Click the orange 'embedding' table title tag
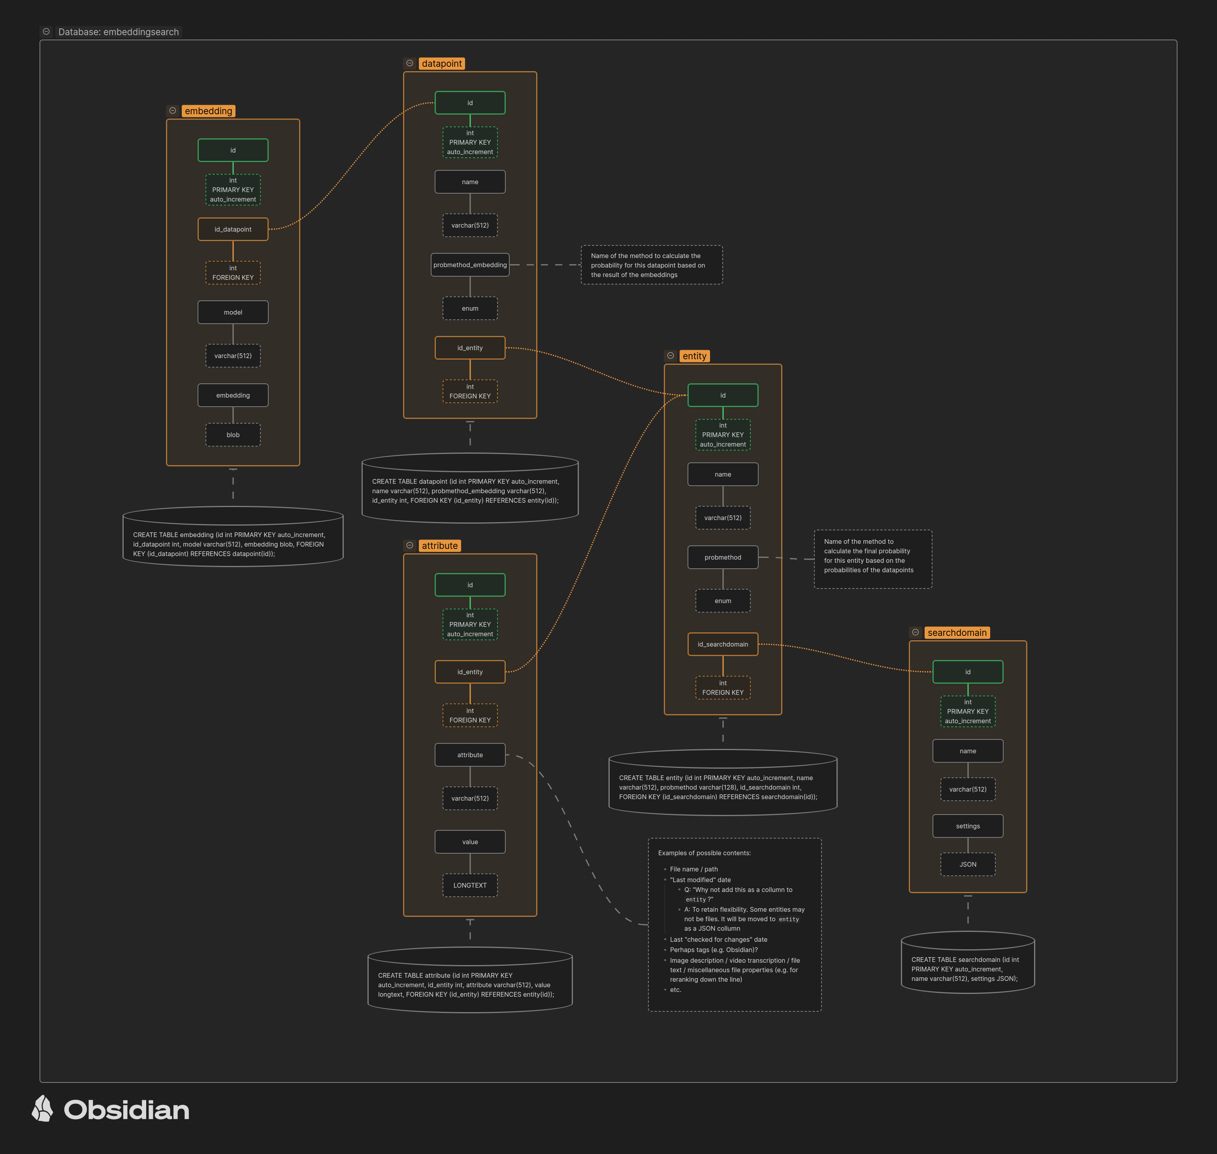coord(209,111)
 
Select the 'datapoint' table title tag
coord(441,63)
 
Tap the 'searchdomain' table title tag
coord(957,632)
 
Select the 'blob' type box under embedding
coord(233,435)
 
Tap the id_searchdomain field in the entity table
coord(723,644)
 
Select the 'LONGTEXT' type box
coord(470,885)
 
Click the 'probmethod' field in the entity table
coord(723,557)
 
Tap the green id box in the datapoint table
coord(470,103)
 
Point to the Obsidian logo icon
coord(42,1109)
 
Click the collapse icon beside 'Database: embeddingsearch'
coord(46,31)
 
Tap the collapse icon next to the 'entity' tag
coord(670,356)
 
